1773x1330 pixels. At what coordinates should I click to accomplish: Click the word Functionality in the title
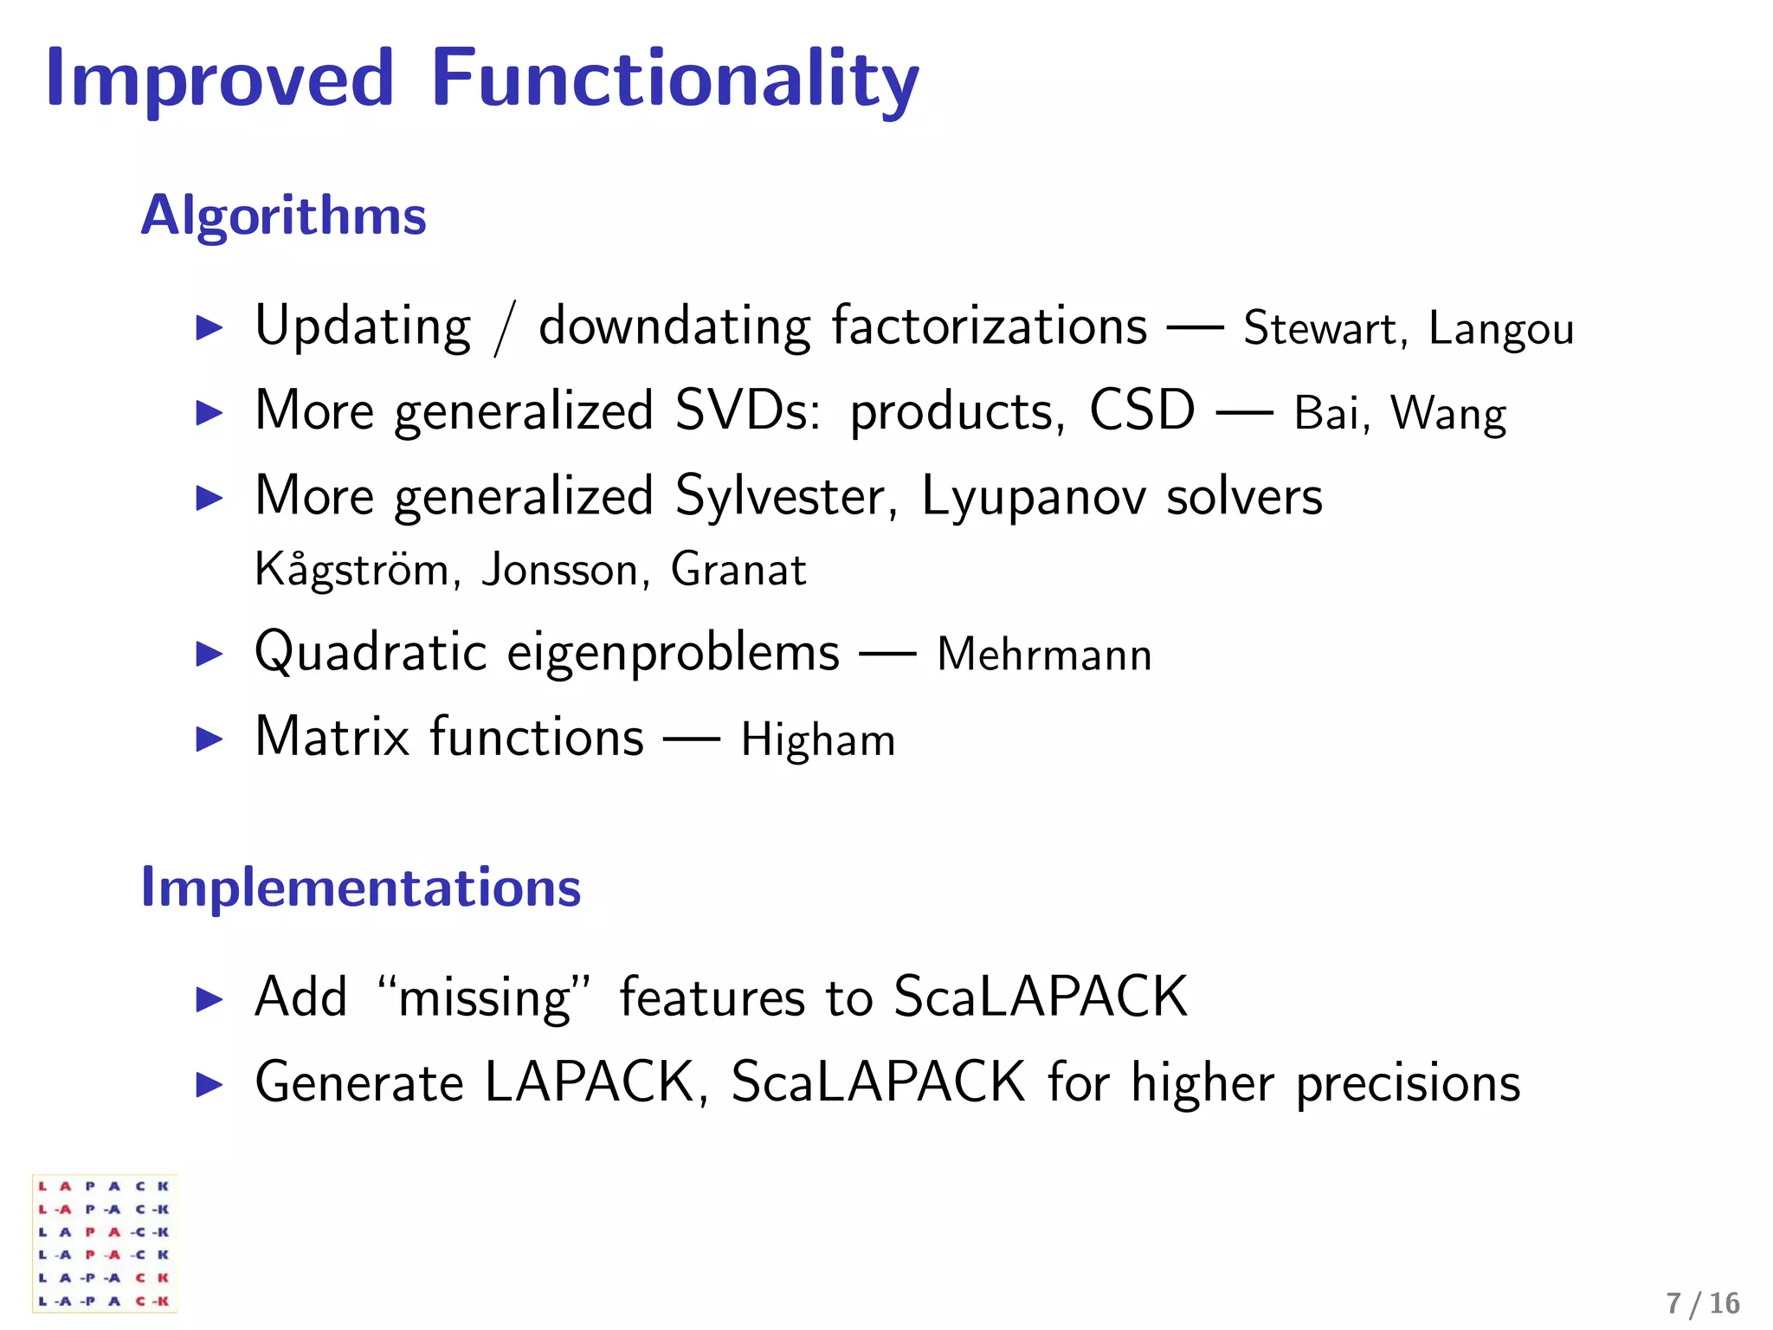coord(674,80)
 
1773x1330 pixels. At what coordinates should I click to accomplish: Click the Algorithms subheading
coord(283,215)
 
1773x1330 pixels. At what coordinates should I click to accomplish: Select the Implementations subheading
coord(360,888)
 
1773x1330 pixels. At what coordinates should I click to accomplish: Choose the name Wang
coord(1448,414)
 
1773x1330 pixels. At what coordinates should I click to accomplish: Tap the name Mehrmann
coord(1044,655)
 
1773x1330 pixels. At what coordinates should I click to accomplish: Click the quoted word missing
coord(485,998)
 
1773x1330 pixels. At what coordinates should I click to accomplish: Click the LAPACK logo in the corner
coord(104,1243)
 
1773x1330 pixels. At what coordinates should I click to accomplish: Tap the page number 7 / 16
coord(1702,1303)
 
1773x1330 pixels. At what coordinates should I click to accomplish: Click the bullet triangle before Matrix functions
coord(210,739)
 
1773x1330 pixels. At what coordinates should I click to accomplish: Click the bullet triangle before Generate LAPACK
coord(210,1084)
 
